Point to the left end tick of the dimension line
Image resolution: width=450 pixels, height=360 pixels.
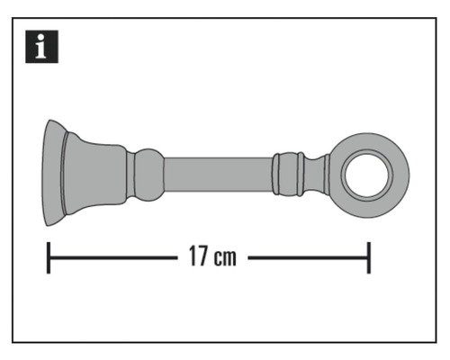pyautogui.click(x=49, y=257)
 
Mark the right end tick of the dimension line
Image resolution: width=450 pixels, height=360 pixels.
pyautogui.click(x=368, y=257)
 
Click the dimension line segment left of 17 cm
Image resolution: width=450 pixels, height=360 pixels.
pyautogui.click(x=112, y=257)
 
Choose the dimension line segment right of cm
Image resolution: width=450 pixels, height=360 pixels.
pyautogui.click(x=306, y=257)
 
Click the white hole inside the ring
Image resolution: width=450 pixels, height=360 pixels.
pyautogui.click(x=370, y=170)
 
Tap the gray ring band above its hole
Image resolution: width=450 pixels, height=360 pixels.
pyautogui.click(x=370, y=142)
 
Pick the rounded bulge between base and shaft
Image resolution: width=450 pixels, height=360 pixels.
pyautogui.click(x=147, y=170)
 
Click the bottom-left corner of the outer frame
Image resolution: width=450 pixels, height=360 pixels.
pyautogui.click(x=14, y=342)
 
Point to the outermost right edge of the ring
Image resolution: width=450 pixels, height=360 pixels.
pyautogui.click(x=409, y=170)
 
